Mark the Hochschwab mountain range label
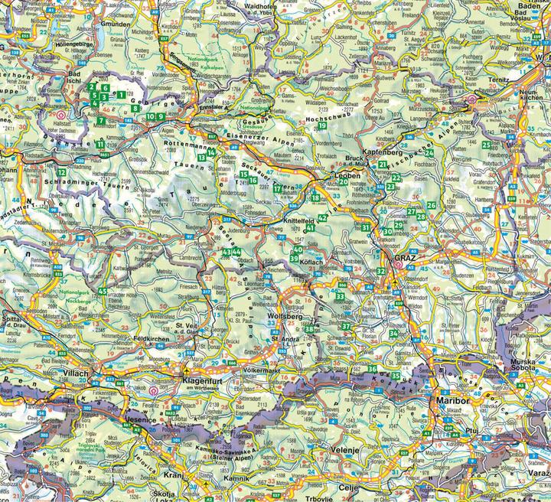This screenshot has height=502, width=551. [327, 121]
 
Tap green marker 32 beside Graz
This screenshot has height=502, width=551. [381, 271]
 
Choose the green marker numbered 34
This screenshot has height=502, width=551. [393, 333]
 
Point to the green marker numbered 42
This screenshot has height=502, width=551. [322, 218]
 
